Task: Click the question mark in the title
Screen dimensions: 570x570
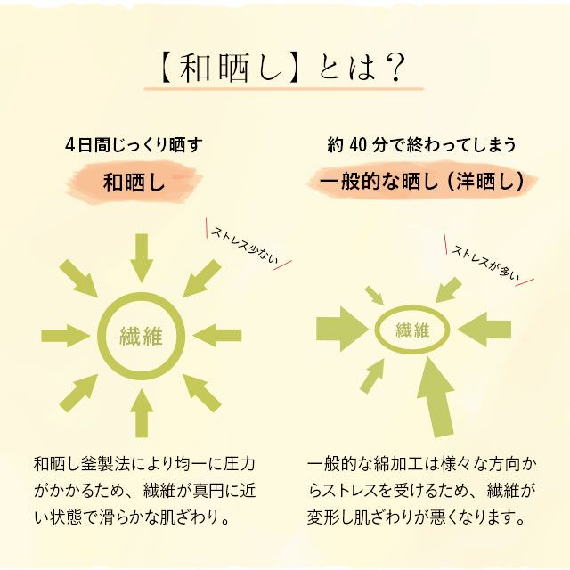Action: (x=395, y=68)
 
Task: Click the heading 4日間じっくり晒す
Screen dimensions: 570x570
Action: (x=134, y=144)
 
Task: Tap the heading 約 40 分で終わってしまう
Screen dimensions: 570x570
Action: (x=421, y=144)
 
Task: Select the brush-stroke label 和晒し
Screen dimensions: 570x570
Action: (x=134, y=183)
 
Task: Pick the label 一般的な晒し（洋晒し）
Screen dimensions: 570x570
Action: (x=422, y=181)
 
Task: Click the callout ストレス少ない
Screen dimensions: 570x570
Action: (x=245, y=246)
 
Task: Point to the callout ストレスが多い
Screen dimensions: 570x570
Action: (x=486, y=263)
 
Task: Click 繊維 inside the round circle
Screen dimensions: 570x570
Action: (x=141, y=337)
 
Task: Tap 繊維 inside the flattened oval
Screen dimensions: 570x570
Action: (x=412, y=330)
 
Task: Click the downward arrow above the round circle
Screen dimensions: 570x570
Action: (x=142, y=257)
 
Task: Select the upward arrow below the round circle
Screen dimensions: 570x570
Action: (x=142, y=413)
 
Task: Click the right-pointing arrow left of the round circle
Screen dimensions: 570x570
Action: (x=66, y=336)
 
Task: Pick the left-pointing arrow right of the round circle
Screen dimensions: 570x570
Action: (x=217, y=336)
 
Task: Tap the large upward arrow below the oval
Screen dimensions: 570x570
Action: (x=436, y=397)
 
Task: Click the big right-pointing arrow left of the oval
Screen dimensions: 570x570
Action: (x=342, y=329)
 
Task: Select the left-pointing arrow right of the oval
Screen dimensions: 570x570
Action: (x=484, y=329)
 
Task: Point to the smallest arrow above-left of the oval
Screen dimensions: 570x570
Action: (x=374, y=295)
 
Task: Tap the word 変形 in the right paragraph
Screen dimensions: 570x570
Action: (x=322, y=517)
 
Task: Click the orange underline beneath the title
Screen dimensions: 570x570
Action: (x=284, y=88)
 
